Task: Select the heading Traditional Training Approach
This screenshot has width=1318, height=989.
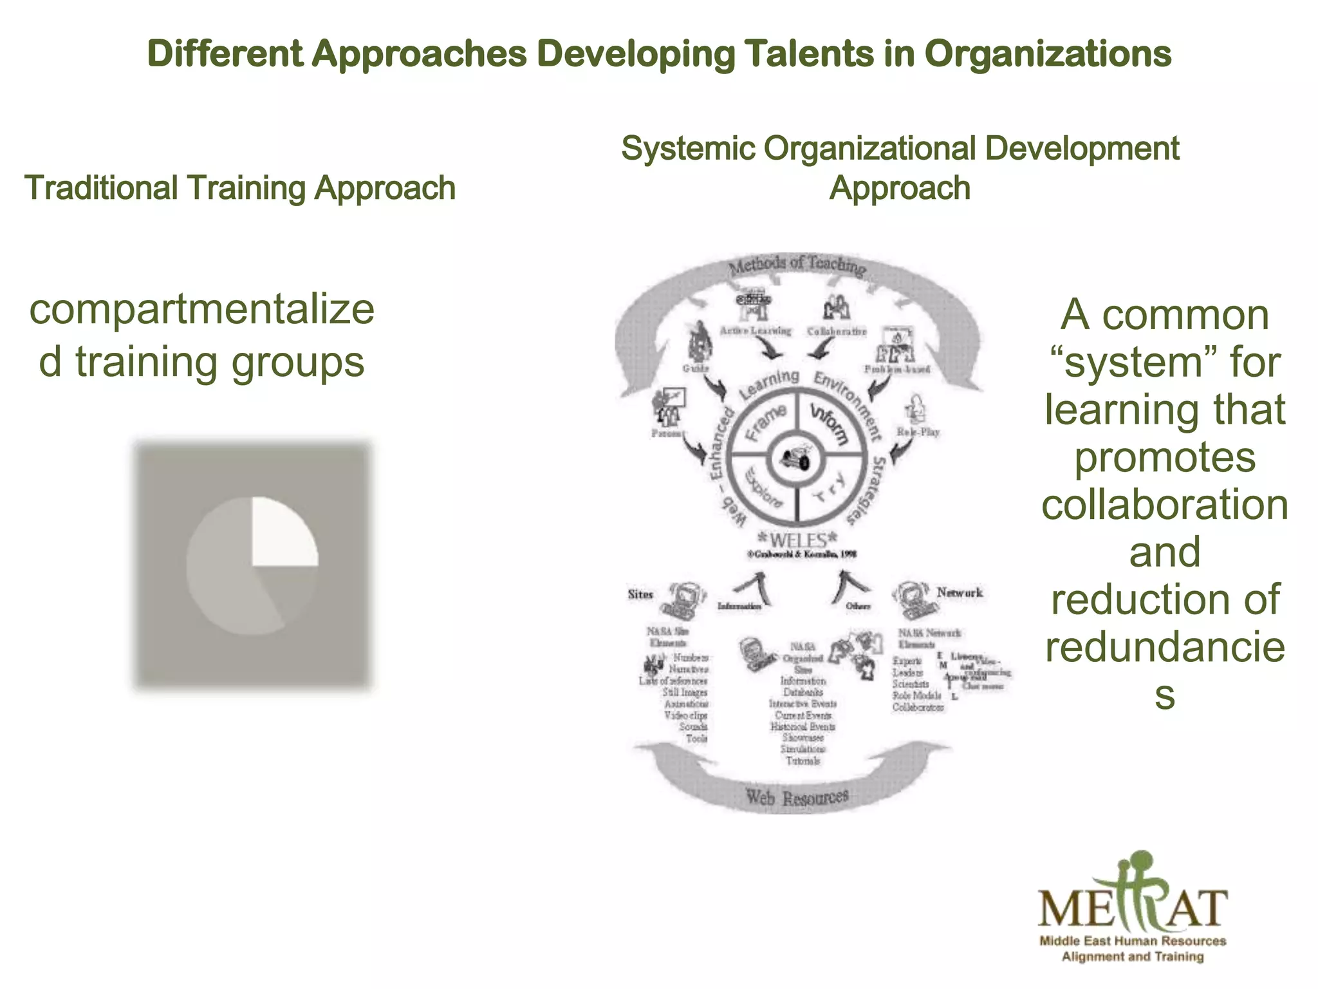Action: tap(240, 188)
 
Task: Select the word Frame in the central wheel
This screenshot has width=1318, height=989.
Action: tap(766, 422)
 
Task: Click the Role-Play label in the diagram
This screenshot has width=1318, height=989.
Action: tap(918, 432)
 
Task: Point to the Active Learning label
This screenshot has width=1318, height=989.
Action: tap(755, 330)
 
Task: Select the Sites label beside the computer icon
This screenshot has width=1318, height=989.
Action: tap(640, 594)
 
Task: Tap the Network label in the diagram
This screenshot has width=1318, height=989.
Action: tap(959, 592)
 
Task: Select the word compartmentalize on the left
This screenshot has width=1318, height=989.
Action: tap(201, 309)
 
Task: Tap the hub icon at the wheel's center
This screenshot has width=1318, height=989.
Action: tap(797, 460)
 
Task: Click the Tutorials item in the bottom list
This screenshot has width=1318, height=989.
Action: tap(803, 761)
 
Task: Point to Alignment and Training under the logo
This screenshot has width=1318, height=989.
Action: tap(1133, 957)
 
